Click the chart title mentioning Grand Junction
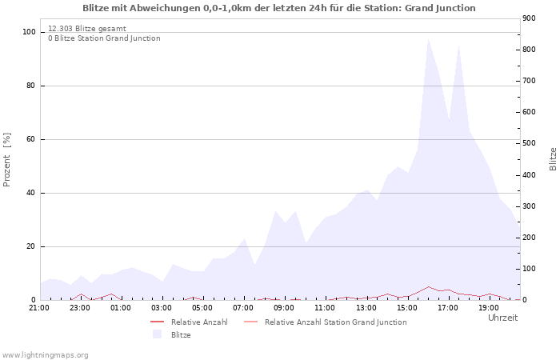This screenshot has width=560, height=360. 279,8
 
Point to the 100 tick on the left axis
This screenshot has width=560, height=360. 29,32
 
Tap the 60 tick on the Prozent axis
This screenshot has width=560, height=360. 30,139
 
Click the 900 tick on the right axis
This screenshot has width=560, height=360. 530,18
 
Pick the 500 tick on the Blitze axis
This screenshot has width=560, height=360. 530,144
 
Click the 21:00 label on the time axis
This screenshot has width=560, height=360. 39,307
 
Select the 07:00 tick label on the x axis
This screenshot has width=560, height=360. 243,307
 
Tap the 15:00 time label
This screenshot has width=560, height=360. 407,307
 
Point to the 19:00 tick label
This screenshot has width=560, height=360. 489,307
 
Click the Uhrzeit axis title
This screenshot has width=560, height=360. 502,318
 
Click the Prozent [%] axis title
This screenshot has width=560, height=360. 7,159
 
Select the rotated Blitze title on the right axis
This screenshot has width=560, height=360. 553,158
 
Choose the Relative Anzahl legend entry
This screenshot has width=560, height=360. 199,322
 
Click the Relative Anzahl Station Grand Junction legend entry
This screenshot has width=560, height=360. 335,322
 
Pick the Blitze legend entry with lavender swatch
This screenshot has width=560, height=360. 180,334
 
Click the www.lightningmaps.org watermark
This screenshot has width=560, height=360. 45,354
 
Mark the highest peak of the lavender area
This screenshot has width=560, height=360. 428,38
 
